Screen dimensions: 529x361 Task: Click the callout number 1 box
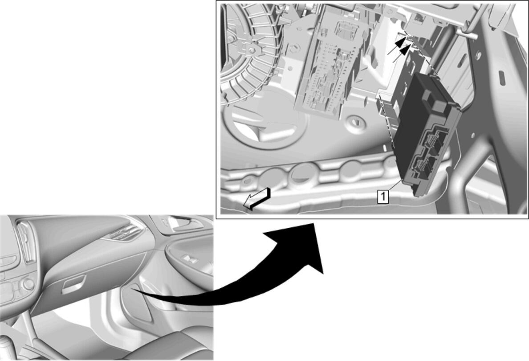[x=383, y=197]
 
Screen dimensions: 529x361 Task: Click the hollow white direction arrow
[x=257, y=199]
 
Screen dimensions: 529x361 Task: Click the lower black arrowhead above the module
[x=405, y=49]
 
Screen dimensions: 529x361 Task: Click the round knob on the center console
[x=28, y=283]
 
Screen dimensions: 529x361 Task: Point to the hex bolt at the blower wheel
[x=252, y=50]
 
